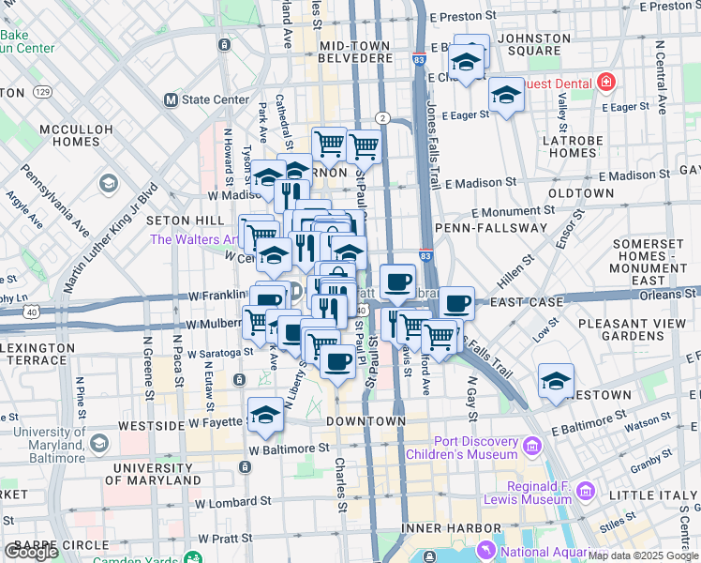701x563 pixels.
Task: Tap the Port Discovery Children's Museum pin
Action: coord(533,444)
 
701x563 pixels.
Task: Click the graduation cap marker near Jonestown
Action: coord(556,381)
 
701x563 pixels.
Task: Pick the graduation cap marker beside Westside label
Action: coord(266,415)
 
